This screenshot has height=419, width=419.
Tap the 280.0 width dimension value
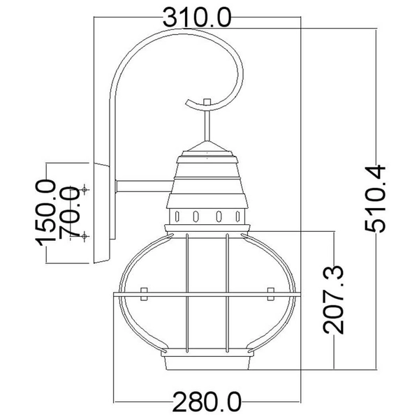tap(207, 402)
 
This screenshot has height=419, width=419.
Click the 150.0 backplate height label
tap(47, 212)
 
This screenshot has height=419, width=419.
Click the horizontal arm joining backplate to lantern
tap(143, 186)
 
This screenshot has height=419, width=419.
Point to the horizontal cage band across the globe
tap(207, 298)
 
